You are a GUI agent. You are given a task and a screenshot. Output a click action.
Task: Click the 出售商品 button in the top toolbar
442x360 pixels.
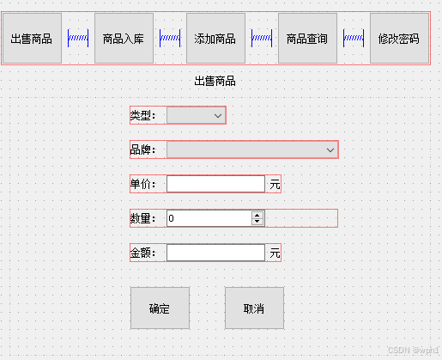click(32, 38)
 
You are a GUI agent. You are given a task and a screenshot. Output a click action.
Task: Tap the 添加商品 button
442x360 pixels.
click(215, 38)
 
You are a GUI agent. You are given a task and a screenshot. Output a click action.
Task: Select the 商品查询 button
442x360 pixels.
click(307, 38)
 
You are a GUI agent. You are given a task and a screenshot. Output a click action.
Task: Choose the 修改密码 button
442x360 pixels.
click(399, 38)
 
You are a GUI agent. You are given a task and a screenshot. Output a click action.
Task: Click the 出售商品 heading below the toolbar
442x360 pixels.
click(215, 81)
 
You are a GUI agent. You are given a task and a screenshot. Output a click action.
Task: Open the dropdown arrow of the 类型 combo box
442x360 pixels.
click(218, 116)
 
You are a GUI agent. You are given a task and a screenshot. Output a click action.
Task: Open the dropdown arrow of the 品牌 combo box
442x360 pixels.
click(330, 150)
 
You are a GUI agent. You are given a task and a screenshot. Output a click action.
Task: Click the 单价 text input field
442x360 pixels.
click(215, 184)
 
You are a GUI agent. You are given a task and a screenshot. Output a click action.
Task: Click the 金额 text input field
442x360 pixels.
click(215, 253)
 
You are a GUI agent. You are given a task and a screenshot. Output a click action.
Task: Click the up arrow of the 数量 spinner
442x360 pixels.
click(257, 215)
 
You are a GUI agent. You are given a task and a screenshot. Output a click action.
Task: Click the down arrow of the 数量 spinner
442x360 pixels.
click(257, 222)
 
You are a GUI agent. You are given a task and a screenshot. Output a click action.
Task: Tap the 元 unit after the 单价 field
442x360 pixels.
click(275, 184)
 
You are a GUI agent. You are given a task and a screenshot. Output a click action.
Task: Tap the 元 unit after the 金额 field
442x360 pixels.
click(275, 253)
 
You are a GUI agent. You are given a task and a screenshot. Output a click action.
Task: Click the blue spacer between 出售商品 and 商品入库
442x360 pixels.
click(78, 38)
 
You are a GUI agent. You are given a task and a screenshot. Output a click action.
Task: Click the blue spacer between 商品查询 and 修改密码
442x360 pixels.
click(354, 38)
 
